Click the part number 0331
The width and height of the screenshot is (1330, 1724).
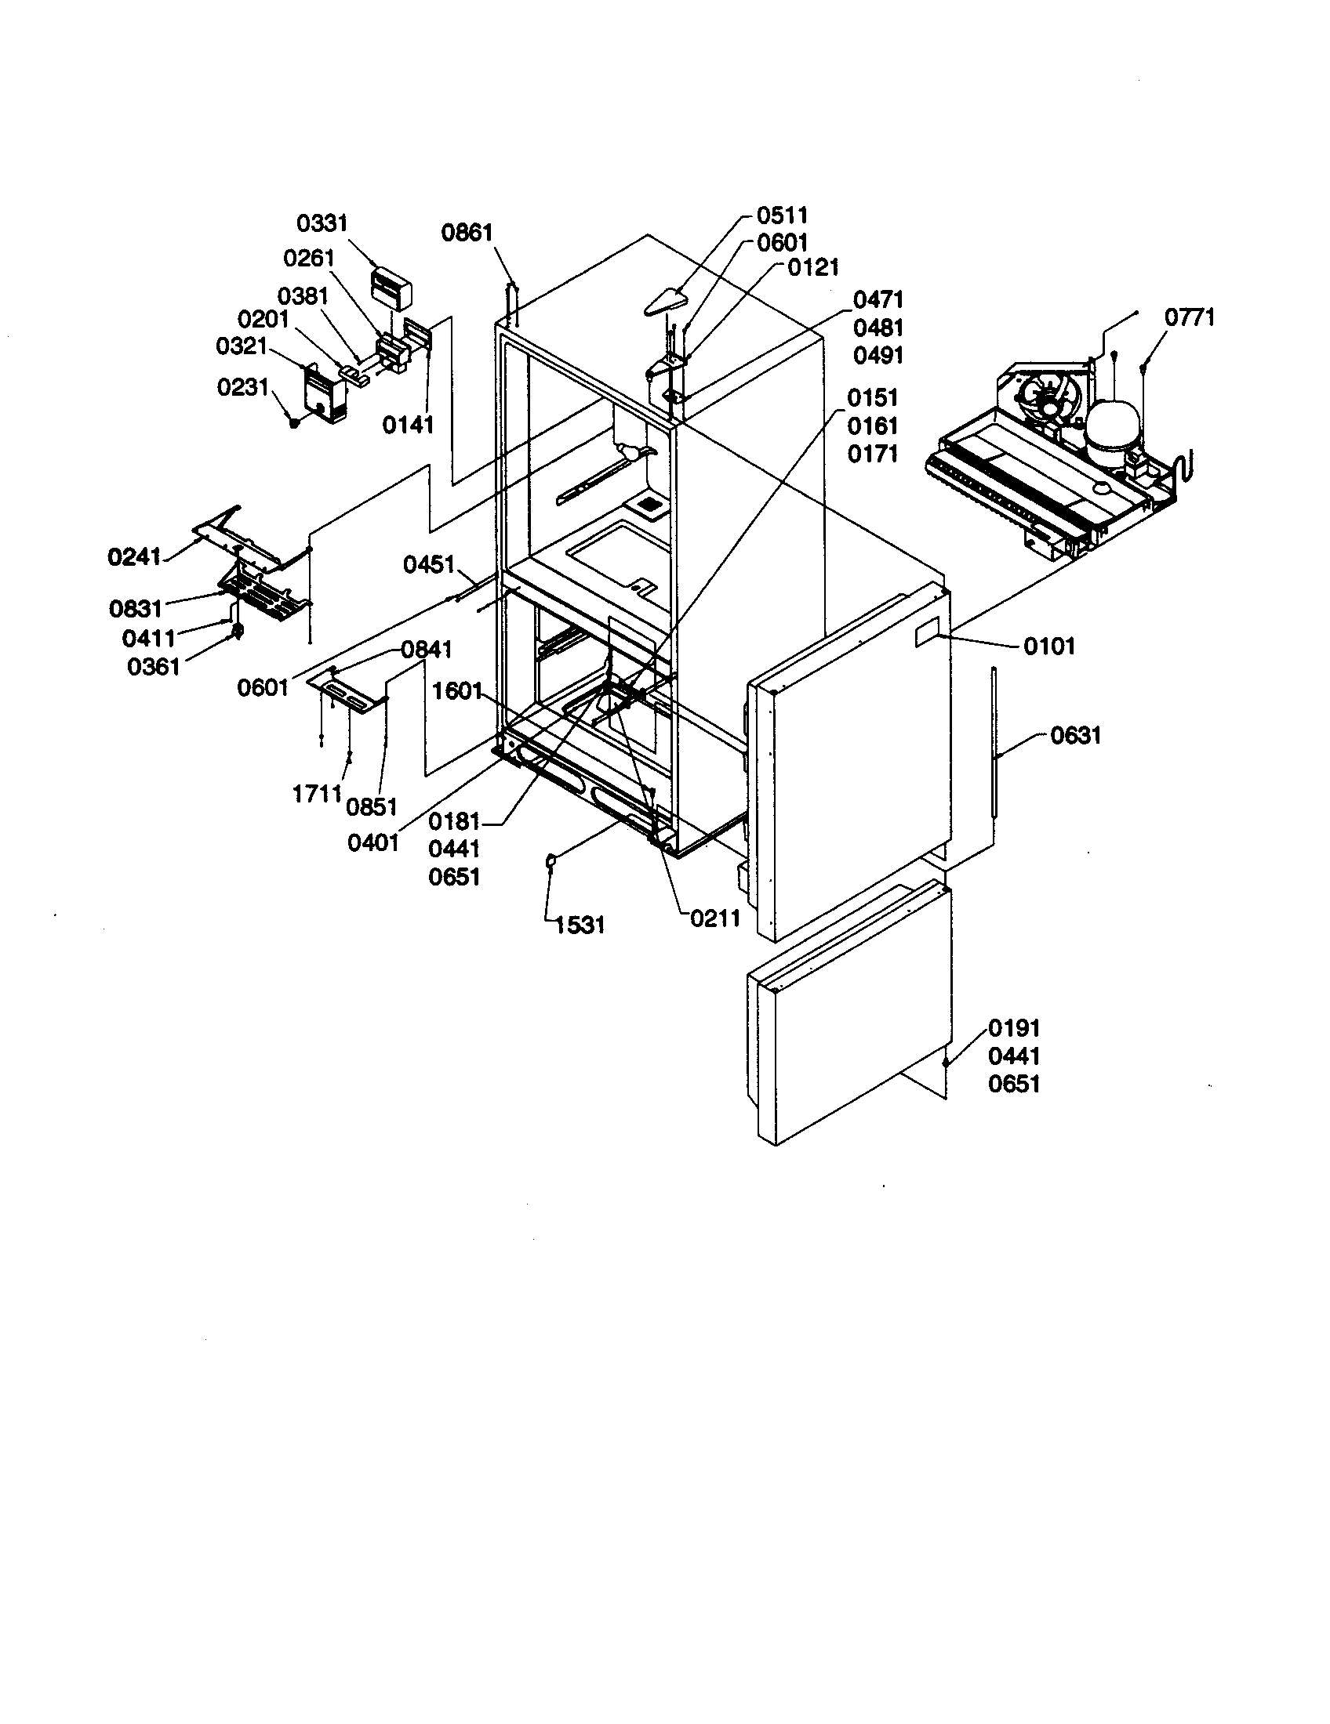pyautogui.click(x=322, y=223)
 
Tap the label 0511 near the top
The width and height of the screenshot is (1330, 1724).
pyautogui.click(x=782, y=215)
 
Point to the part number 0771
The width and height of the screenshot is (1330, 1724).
pyautogui.click(x=1190, y=317)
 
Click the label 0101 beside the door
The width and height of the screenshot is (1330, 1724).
pyautogui.click(x=1048, y=646)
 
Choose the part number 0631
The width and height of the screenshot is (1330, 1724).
pyautogui.click(x=1075, y=736)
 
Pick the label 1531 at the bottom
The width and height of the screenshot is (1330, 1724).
pyautogui.click(x=580, y=925)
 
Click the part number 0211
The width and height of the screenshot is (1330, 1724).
pyautogui.click(x=714, y=918)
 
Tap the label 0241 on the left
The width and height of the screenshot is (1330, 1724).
pyautogui.click(x=134, y=557)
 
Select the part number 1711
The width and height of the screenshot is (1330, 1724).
pyautogui.click(x=317, y=794)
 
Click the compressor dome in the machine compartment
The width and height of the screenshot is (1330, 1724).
pyautogui.click(x=1112, y=427)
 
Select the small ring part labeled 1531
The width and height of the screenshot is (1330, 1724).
pyautogui.click(x=551, y=861)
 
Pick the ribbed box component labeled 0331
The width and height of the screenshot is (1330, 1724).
pyautogui.click(x=393, y=288)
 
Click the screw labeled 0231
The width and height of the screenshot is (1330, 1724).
pyautogui.click(x=294, y=423)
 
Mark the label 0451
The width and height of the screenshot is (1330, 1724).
pyautogui.click(x=429, y=564)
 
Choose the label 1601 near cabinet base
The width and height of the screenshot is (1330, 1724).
pyautogui.click(x=456, y=691)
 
